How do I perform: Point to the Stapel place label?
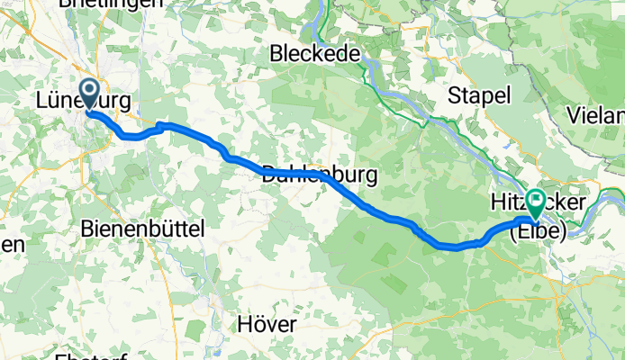tap(481, 95)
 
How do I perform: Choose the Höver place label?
tap(269, 321)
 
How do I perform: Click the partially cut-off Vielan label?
tap(596, 115)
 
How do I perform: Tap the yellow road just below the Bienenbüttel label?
tap(162, 256)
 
